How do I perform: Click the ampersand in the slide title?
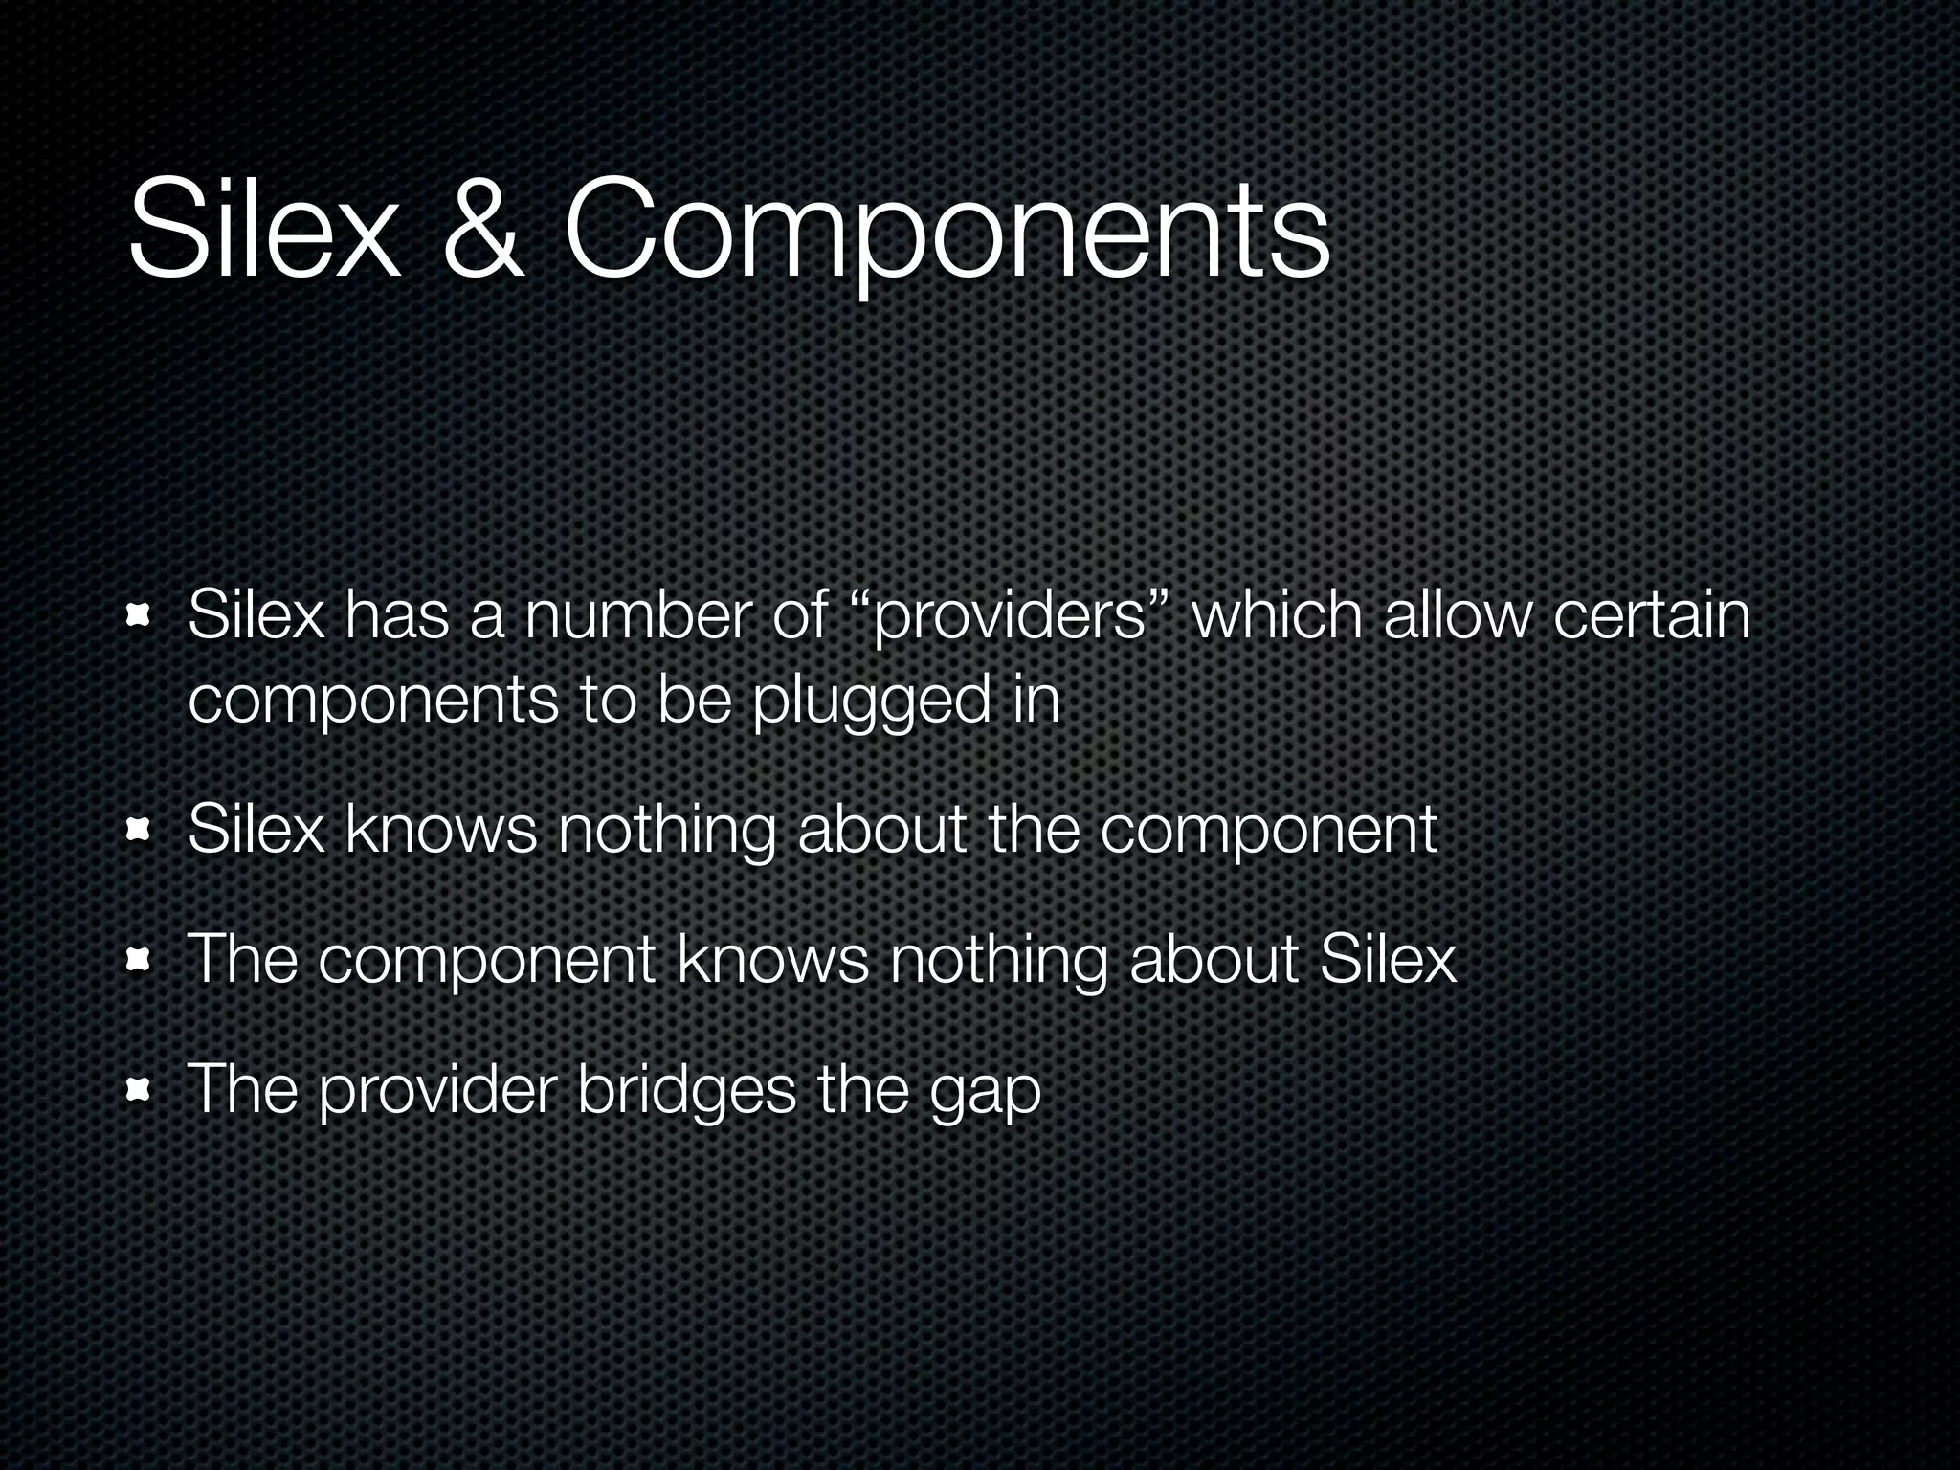(x=484, y=231)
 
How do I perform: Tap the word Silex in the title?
(x=263, y=231)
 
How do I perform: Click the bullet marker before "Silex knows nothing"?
(x=140, y=831)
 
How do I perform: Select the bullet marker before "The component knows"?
(x=140, y=960)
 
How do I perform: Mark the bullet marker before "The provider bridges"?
(x=140, y=1089)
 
